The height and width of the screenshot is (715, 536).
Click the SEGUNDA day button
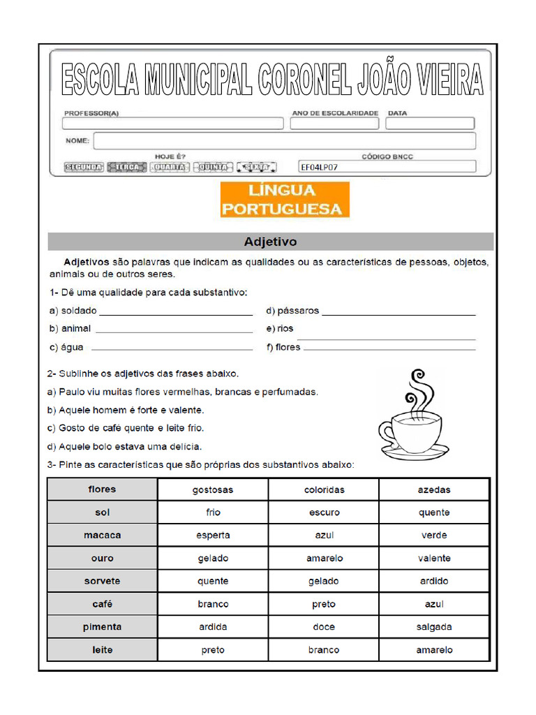84,168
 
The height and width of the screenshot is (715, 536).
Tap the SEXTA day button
256,168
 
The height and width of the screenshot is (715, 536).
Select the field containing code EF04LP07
387,167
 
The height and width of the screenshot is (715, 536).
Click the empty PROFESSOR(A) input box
172,124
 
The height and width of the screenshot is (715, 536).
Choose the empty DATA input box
431,124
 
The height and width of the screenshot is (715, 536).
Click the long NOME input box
284,141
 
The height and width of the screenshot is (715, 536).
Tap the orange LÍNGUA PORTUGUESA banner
285,200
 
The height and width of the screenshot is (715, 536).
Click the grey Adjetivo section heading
270,242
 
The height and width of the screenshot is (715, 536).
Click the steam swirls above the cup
417,391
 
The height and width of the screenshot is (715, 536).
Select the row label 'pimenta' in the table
103,627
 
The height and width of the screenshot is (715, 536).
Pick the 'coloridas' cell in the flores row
324,489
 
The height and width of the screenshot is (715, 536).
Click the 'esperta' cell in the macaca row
213,536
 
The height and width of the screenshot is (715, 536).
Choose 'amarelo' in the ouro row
324,559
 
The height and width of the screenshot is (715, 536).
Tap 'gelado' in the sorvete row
324,582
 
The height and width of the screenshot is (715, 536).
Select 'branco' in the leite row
324,650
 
